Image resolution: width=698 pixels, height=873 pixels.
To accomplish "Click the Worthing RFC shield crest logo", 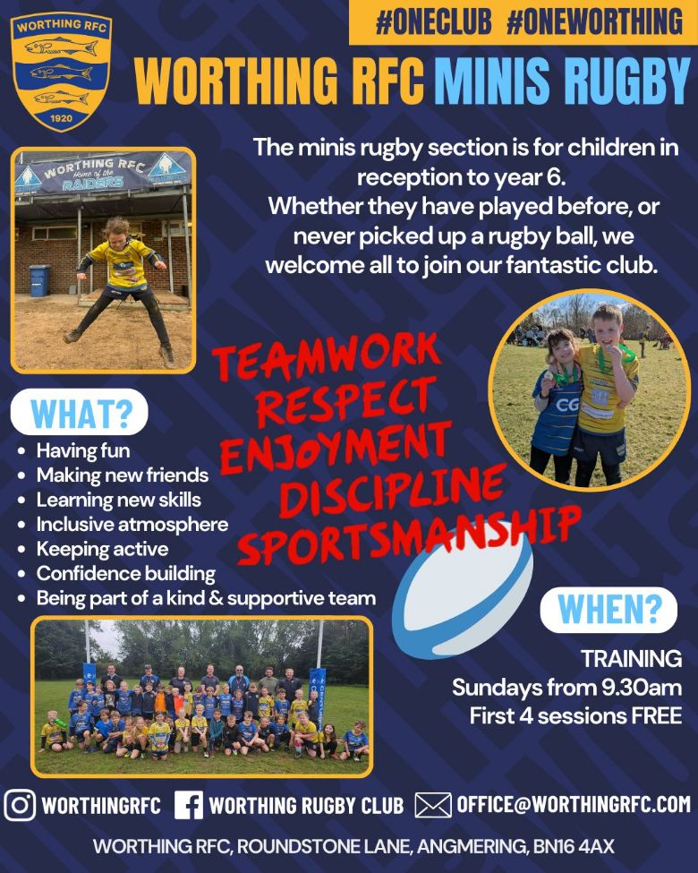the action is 61,72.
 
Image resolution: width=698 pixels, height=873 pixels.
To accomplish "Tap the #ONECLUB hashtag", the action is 434,21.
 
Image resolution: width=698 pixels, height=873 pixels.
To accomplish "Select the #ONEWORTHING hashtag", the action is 594,21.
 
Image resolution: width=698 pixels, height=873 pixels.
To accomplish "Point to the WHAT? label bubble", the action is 79,412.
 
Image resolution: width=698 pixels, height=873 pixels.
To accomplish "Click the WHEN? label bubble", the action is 609,610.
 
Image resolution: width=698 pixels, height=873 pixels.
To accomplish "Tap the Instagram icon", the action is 20,805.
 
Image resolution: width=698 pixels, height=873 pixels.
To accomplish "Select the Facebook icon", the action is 189,805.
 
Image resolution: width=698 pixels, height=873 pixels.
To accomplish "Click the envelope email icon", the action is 433,805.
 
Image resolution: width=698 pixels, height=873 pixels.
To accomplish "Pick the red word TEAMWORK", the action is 328,357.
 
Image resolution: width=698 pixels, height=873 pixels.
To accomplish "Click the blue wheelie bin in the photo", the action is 39,280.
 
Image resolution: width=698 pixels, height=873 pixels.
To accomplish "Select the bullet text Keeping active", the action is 102,549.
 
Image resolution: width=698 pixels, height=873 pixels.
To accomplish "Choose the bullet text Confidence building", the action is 126,573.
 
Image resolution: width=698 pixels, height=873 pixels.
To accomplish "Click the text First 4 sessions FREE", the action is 575,715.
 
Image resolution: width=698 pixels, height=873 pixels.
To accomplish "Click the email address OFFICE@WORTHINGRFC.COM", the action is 574,805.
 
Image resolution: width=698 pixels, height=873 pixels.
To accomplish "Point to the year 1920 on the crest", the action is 61,118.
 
